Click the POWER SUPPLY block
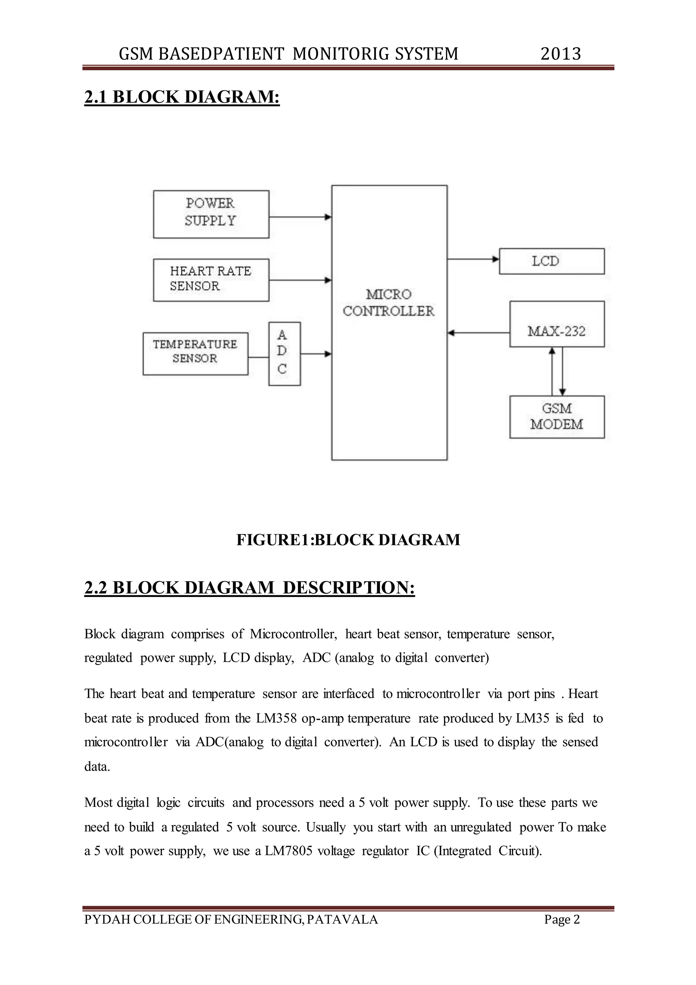(x=211, y=214)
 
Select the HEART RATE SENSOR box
(x=211, y=280)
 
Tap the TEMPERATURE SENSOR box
(x=195, y=353)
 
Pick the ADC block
(x=284, y=353)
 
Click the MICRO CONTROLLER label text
(x=388, y=303)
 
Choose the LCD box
(x=551, y=261)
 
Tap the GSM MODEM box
(x=556, y=417)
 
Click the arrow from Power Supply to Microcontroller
(x=300, y=217)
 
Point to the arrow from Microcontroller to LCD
(x=473, y=259)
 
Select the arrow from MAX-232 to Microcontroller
(x=478, y=333)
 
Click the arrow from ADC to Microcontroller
(x=316, y=354)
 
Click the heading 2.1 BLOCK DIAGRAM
(x=182, y=97)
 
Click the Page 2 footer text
(x=561, y=919)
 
